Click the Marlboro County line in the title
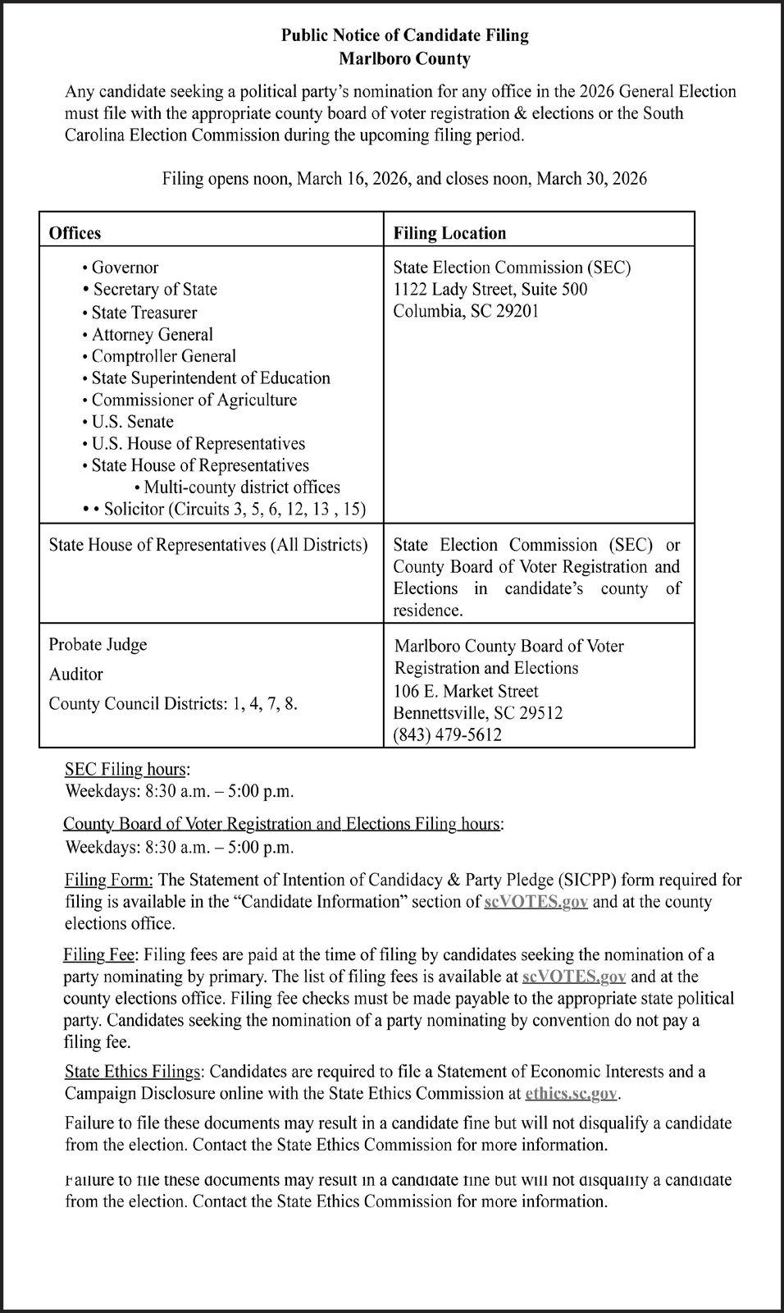point(404,59)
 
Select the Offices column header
point(75,233)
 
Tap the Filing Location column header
point(449,233)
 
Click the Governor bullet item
point(125,268)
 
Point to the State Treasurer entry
point(144,313)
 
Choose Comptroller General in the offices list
point(163,356)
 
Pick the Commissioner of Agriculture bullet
point(194,400)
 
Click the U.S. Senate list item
point(132,422)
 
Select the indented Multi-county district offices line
point(241,487)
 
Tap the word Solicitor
point(134,509)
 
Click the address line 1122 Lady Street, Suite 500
point(490,289)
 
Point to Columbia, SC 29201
point(465,311)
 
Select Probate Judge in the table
point(98,644)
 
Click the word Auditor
point(75,674)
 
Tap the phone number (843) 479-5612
point(447,734)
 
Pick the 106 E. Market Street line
point(466,691)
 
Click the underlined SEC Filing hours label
point(125,770)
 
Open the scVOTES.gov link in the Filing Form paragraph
point(536,902)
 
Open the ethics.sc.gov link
point(571,1093)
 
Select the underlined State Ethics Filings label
point(132,1072)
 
